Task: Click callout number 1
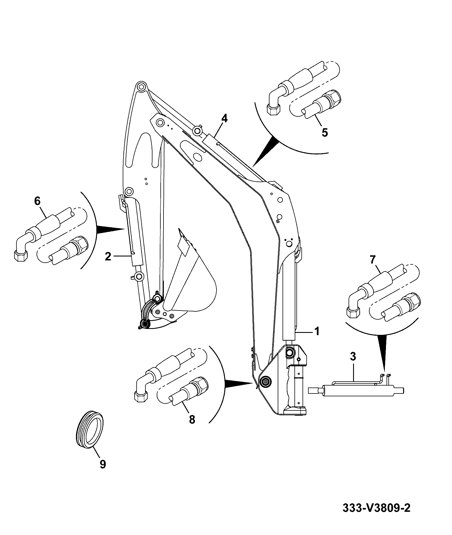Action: click(317, 331)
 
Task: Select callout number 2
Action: click(108, 256)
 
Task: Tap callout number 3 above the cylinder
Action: click(353, 357)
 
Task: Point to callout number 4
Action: click(224, 118)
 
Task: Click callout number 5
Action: click(325, 132)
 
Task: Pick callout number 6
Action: click(37, 201)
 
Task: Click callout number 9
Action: click(103, 464)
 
